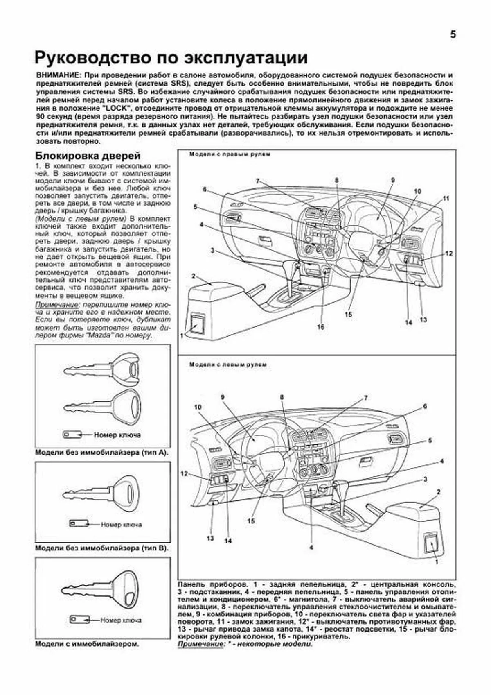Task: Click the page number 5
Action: pyautogui.click(x=453, y=35)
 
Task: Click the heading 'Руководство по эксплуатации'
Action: pyautogui.click(x=171, y=58)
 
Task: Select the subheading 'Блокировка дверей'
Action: pyautogui.click(x=88, y=156)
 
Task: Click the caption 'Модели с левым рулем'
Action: pyautogui.click(x=228, y=364)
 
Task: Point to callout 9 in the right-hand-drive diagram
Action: pyautogui.click(x=392, y=180)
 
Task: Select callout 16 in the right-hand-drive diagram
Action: pyautogui.click(x=320, y=327)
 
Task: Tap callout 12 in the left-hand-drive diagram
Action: pyautogui.click(x=184, y=474)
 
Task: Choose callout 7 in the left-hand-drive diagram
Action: pyautogui.click(x=366, y=398)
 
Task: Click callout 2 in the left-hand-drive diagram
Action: pyautogui.click(x=438, y=491)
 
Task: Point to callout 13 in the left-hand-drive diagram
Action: pyautogui.click(x=210, y=538)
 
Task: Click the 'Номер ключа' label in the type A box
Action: pyautogui.click(x=117, y=435)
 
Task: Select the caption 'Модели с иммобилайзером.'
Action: pyautogui.click(x=87, y=644)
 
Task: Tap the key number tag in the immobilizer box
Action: pyautogui.click(x=79, y=619)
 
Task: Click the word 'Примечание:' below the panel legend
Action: pyautogui.click(x=201, y=644)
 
